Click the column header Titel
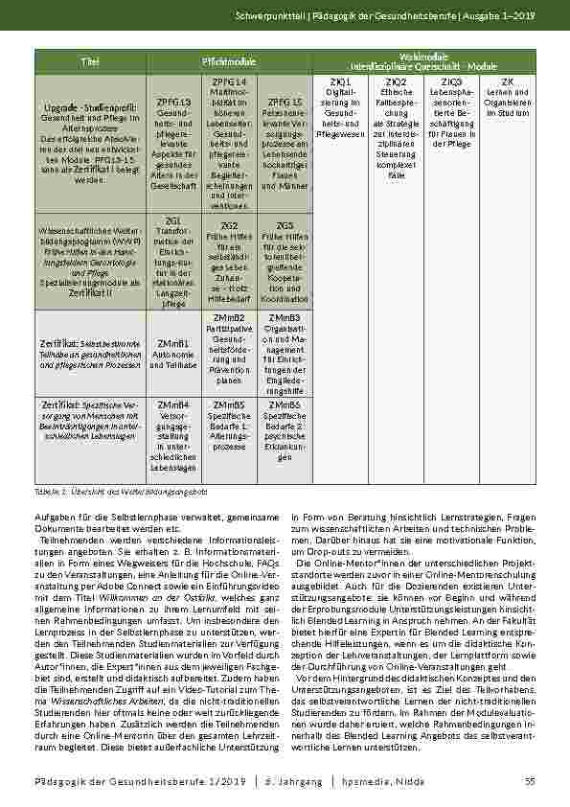tap(92, 61)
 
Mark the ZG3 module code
tap(285, 224)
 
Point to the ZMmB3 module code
tap(285, 316)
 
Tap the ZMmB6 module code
tap(285, 405)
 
